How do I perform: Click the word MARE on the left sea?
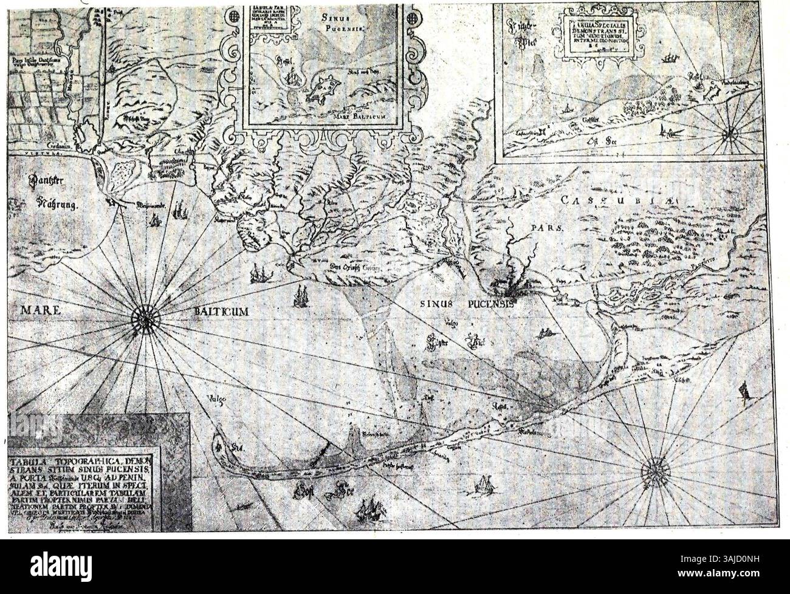coord(43,312)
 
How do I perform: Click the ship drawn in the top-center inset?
coord(294,79)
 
